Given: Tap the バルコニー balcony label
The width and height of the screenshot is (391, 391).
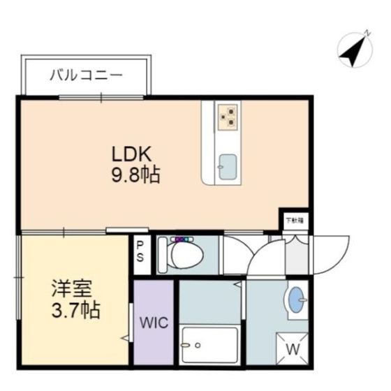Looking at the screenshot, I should click(x=86, y=74).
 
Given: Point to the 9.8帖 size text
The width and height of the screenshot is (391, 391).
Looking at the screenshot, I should click(x=136, y=175).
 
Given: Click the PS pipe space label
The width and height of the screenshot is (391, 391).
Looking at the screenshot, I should click(x=140, y=251).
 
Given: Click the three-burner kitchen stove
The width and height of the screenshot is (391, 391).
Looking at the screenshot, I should click(x=228, y=116).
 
